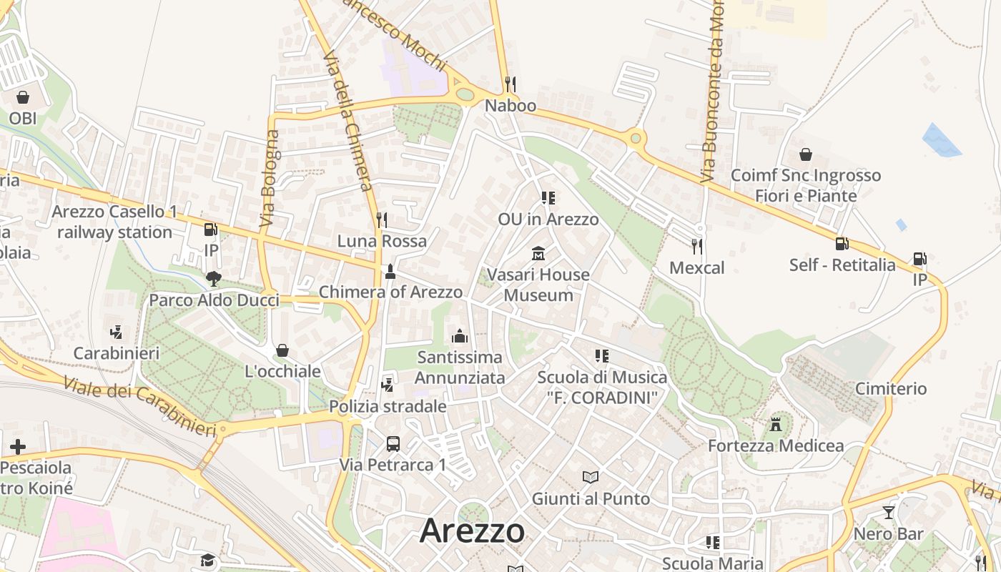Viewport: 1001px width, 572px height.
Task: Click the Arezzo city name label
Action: [472, 531]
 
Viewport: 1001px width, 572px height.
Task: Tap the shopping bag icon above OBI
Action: [23, 97]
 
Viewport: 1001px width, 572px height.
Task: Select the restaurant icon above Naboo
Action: [510, 84]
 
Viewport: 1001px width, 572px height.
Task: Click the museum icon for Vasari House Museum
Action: [538, 254]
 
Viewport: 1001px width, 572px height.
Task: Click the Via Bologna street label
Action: [270, 179]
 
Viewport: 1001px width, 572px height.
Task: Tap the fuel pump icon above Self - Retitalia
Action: [842, 244]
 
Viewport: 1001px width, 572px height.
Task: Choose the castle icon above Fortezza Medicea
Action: [776, 424]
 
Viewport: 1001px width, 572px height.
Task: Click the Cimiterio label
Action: [891, 389]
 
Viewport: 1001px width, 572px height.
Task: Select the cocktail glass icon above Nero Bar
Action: [888, 513]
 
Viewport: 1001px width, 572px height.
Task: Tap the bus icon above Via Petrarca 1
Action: [393, 443]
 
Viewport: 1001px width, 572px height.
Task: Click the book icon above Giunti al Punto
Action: [590, 477]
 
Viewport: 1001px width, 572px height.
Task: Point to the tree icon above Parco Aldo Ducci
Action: [213, 279]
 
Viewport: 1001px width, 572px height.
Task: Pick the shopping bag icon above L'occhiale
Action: [282, 350]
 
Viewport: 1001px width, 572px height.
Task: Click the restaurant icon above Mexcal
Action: [696, 247]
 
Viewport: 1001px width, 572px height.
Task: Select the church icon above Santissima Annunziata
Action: [460, 336]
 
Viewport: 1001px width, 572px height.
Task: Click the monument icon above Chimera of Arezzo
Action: [390, 271]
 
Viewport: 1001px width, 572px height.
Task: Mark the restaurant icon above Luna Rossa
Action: [382, 220]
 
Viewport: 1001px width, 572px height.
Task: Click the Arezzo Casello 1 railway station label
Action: [114, 222]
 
